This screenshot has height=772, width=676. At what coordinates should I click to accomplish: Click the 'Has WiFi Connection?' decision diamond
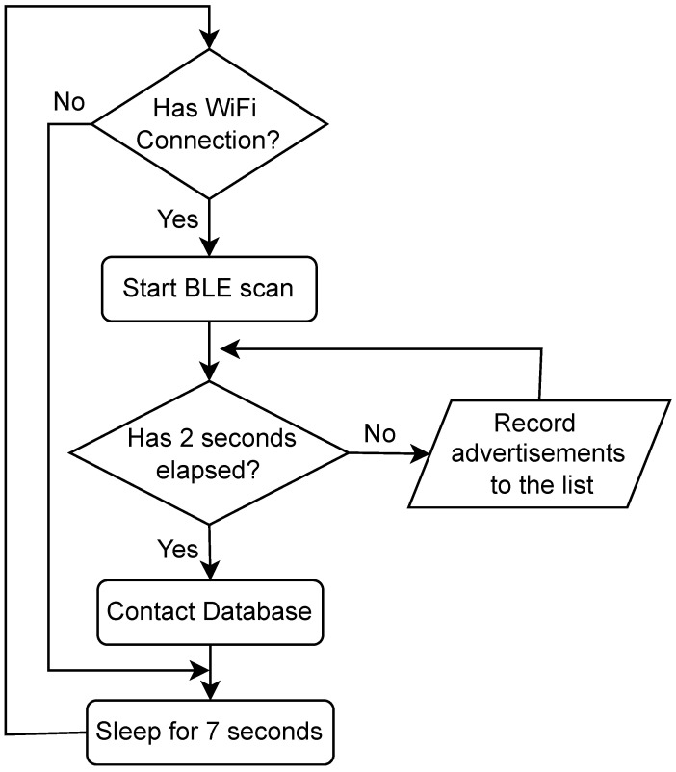pyautogui.click(x=209, y=124)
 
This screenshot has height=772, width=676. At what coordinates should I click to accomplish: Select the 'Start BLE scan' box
pyautogui.click(x=209, y=289)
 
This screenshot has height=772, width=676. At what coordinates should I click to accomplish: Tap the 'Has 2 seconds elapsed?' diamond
pyautogui.click(x=209, y=451)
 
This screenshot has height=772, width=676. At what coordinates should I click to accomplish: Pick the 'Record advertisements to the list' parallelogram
pyautogui.click(x=539, y=452)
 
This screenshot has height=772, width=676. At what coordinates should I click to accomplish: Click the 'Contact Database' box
pyautogui.click(x=209, y=612)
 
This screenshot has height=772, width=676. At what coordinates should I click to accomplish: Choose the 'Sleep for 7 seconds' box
pyautogui.click(x=209, y=731)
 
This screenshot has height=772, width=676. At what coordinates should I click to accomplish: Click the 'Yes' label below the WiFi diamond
pyautogui.click(x=177, y=219)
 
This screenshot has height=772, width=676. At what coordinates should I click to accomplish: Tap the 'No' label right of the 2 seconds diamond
pyautogui.click(x=378, y=432)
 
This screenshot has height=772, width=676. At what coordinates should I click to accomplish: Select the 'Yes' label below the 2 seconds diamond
pyautogui.click(x=177, y=549)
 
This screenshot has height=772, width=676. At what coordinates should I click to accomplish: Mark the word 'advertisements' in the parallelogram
pyautogui.click(x=540, y=452)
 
